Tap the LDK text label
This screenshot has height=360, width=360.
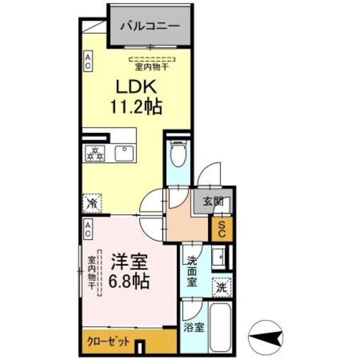pos(133,87)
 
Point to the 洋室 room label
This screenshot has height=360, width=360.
pos(129,262)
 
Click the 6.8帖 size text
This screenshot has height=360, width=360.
pos(129,280)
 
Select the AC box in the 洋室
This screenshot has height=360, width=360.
pos(88,228)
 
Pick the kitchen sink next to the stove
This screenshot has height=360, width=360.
pos(123,152)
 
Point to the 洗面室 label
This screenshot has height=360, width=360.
pos(191,271)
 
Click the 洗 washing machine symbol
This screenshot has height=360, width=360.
pos(221,286)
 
